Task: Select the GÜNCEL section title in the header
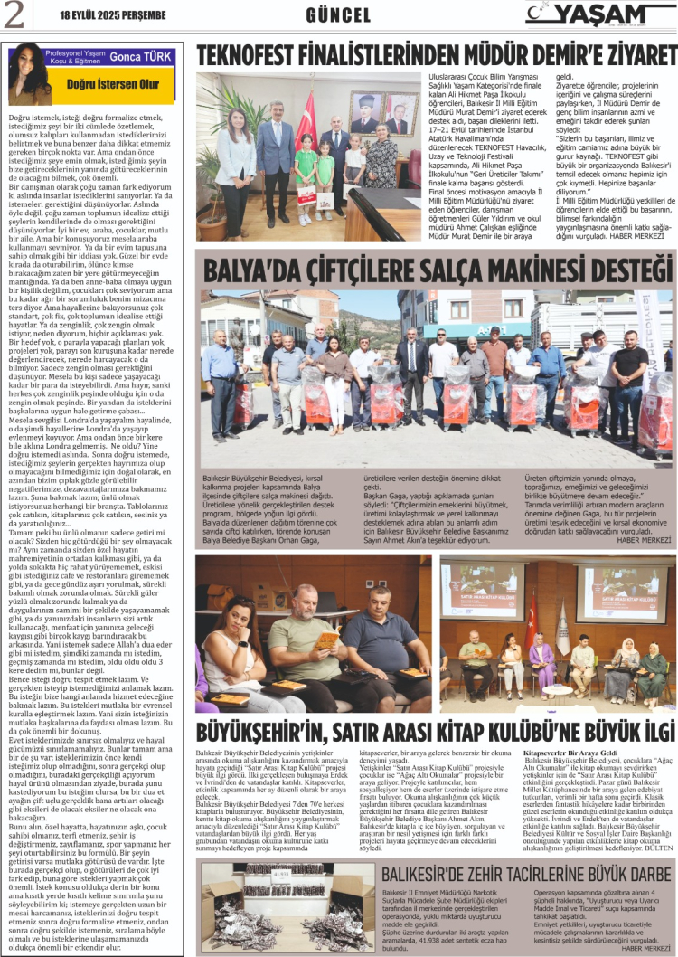point(338,15)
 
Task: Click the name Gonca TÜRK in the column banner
point(141,55)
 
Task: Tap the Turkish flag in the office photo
point(310,113)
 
